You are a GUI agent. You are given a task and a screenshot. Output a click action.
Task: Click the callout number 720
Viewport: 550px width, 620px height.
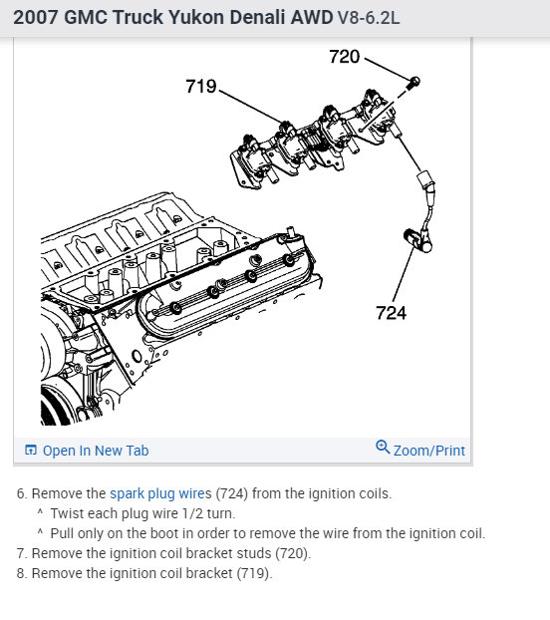pyautogui.click(x=344, y=57)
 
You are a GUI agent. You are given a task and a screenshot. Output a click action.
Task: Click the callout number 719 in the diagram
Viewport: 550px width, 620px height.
pyautogui.click(x=201, y=86)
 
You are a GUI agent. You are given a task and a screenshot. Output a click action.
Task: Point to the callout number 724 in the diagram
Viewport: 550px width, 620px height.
pyautogui.click(x=391, y=313)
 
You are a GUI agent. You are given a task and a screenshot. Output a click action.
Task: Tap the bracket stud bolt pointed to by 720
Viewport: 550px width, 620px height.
pyautogui.click(x=413, y=83)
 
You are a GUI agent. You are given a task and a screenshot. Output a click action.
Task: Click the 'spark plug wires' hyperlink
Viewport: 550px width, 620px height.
pyautogui.click(x=160, y=493)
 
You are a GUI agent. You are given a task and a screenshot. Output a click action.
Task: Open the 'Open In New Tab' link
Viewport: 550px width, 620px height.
pyautogui.click(x=96, y=451)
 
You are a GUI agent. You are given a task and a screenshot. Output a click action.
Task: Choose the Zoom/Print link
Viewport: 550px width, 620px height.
pyautogui.click(x=429, y=451)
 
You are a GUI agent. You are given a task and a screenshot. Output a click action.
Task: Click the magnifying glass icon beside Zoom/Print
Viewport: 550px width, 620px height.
pyautogui.click(x=383, y=448)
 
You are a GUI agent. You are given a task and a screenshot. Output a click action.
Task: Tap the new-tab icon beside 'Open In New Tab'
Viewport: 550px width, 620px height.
pyautogui.click(x=31, y=450)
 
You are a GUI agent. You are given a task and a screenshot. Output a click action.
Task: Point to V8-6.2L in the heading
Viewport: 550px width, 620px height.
pyautogui.click(x=369, y=18)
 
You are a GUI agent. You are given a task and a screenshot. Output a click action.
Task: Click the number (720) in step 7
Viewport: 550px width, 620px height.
pyautogui.click(x=293, y=553)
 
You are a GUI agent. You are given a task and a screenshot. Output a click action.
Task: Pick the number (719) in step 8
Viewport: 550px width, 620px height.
pyautogui.click(x=254, y=573)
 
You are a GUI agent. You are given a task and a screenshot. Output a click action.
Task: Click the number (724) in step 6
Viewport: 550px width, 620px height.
pyautogui.click(x=231, y=493)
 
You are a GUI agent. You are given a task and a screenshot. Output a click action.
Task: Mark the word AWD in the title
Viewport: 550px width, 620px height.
pyautogui.click(x=312, y=17)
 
